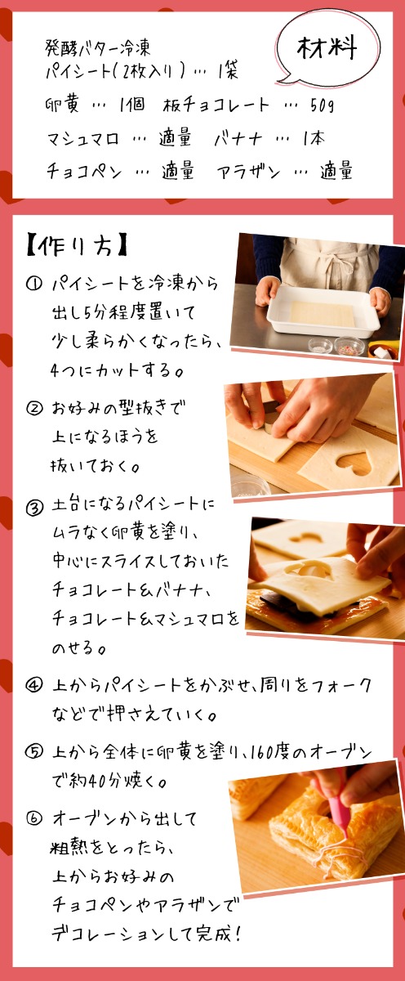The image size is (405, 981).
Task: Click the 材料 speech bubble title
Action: (x=327, y=47)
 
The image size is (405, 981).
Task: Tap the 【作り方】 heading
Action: (x=77, y=247)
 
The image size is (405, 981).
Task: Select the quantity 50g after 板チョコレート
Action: (x=322, y=105)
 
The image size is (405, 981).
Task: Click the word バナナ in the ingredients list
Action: (x=238, y=139)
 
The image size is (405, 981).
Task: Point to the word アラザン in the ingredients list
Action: (x=248, y=171)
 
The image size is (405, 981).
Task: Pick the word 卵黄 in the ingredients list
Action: (x=62, y=105)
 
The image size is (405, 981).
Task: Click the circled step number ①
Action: (x=33, y=284)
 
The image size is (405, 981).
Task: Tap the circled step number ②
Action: (x=33, y=409)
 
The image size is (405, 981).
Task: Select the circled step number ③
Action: (x=34, y=508)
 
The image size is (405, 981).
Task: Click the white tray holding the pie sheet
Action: (x=323, y=311)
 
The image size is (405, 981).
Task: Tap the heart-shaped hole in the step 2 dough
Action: (x=354, y=462)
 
